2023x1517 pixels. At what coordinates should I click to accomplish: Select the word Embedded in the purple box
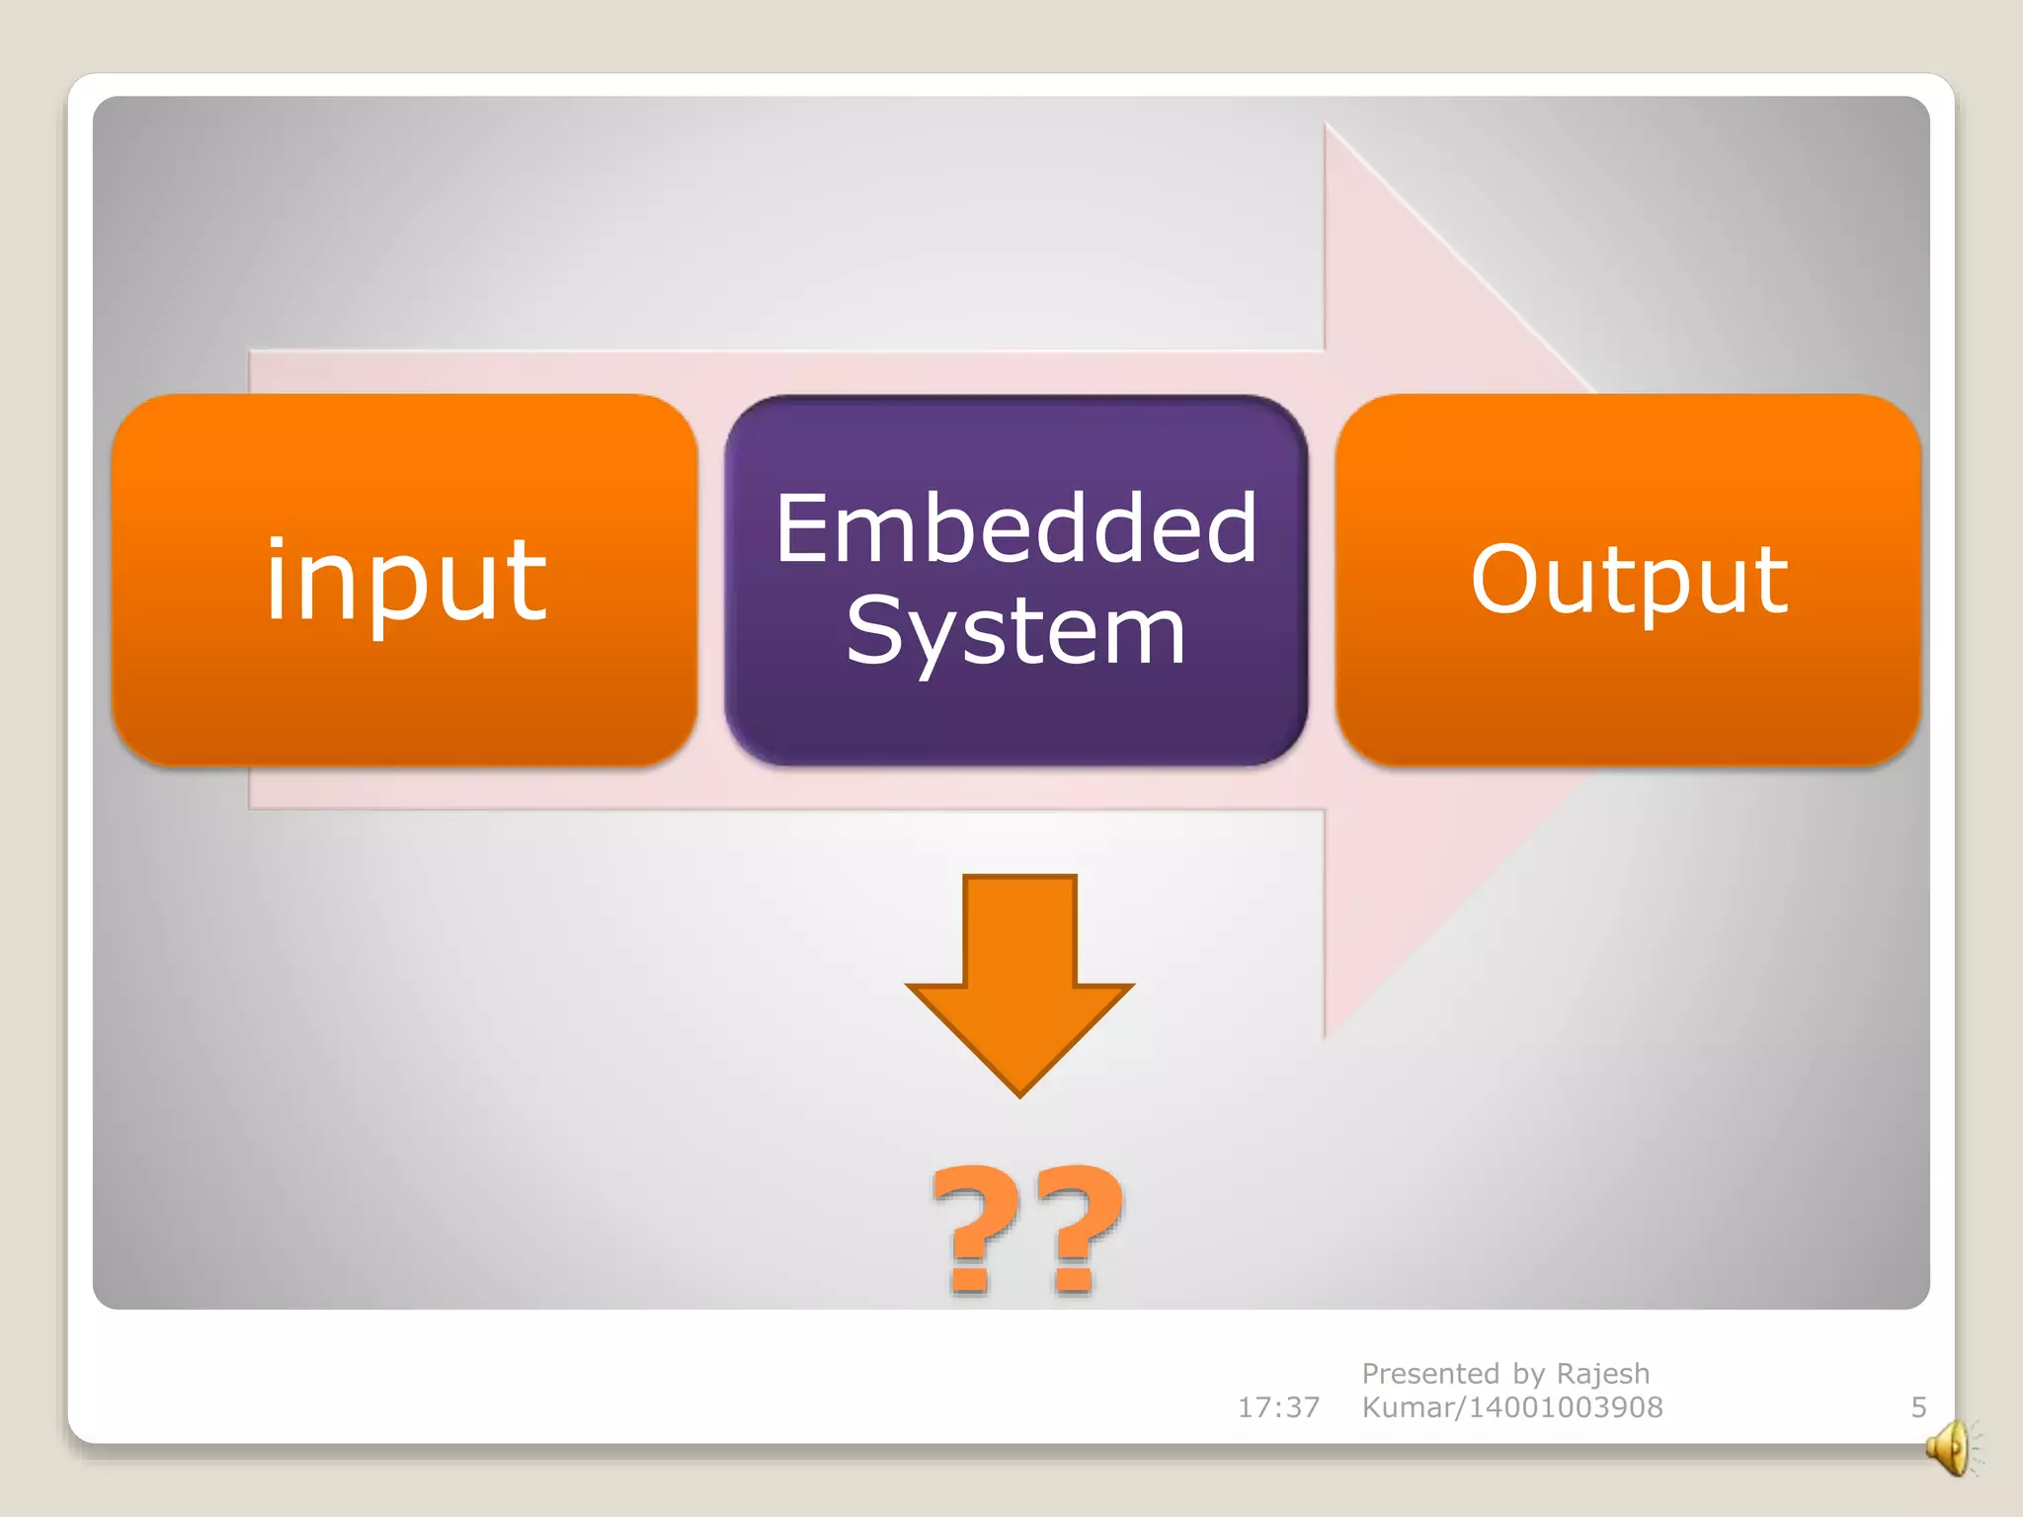pyautogui.click(x=1015, y=529)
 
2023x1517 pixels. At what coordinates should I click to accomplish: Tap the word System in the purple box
pyautogui.click(x=1015, y=632)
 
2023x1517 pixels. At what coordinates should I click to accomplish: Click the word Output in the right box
pyautogui.click(x=1629, y=581)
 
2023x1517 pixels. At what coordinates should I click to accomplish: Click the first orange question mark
pyautogui.click(x=974, y=1230)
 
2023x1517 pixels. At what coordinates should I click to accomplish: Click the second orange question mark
pyautogui.click(x=1077, y=1230)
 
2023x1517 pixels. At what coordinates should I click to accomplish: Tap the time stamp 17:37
pyautogui.click(x=1278, y=1407)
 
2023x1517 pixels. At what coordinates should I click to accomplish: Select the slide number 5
pyautogui.click(x=1918, y=1407)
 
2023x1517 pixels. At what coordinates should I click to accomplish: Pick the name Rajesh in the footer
pyautogui.click(x=1602, y=1374)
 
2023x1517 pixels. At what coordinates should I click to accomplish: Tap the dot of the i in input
pyautogui.click(x=278, y=546)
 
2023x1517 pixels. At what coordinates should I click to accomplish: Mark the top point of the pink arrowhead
pyautogui.click(x=1326, y=125)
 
